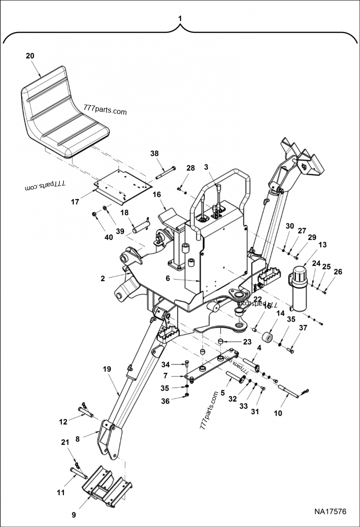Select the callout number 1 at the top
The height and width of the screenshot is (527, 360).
point(180,18)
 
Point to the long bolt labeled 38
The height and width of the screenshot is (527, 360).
point(166,173)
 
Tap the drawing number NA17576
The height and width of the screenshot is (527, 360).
point(330,512)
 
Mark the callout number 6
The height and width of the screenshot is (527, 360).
point(168,278)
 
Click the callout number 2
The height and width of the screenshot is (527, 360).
point(103,278)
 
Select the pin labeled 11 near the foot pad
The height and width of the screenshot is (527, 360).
point(78,473)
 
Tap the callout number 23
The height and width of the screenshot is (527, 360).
point(247,342)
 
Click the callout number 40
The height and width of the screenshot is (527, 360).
point(109,237)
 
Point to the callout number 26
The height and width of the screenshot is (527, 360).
point(337,272)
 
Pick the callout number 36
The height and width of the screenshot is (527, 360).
point(166,401)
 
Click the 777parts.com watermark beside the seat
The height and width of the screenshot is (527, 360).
point(105,111)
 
